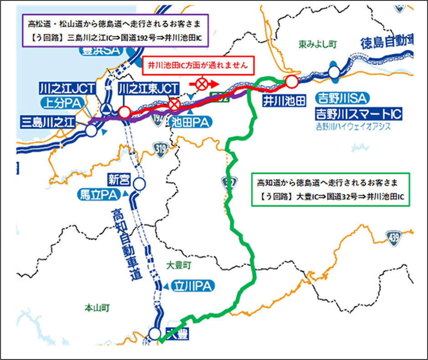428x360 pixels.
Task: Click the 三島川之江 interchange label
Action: pyautogui.click(x=47, y=121)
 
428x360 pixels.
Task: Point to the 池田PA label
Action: pyautogui.click(x=188, y=121)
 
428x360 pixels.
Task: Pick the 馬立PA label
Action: pyautogui.click(x=99, y=195)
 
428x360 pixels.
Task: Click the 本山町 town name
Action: pyautogui.click(x=97, y=309)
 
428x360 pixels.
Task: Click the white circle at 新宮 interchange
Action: pyautogui.click(x=139, y=184)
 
